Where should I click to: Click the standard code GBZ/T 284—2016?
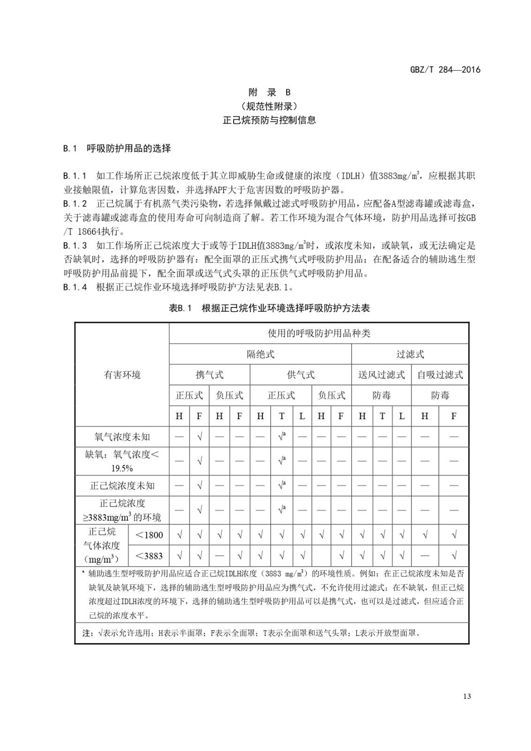(x=445, y=70)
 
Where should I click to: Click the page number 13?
(x=466, y=696)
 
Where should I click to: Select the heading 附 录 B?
(x=269, y=92)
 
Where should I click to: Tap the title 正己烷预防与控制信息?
(x=269, y=120)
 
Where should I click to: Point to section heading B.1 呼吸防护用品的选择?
(x=117, y=149)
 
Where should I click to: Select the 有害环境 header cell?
(x=122, y=375)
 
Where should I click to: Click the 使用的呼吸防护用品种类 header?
(x=319, y=333)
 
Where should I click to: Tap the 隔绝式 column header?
(x=260, y=354)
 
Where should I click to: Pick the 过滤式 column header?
(x=410, y=354)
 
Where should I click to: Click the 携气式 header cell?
(x=209, y=375)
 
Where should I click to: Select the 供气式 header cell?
(x=301, y=375)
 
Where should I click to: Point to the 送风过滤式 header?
(x=381, y=375)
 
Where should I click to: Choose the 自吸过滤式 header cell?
(x=440, y=375)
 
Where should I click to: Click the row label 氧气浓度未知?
(x=122, y=437)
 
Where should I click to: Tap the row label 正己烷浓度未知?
(x=122, y=486)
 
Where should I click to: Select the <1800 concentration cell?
(x=149, y=535)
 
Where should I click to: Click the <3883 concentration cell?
(x=149, y=556)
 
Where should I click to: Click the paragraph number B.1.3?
(x=75, y=245)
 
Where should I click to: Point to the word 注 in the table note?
(x=87, y=633)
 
